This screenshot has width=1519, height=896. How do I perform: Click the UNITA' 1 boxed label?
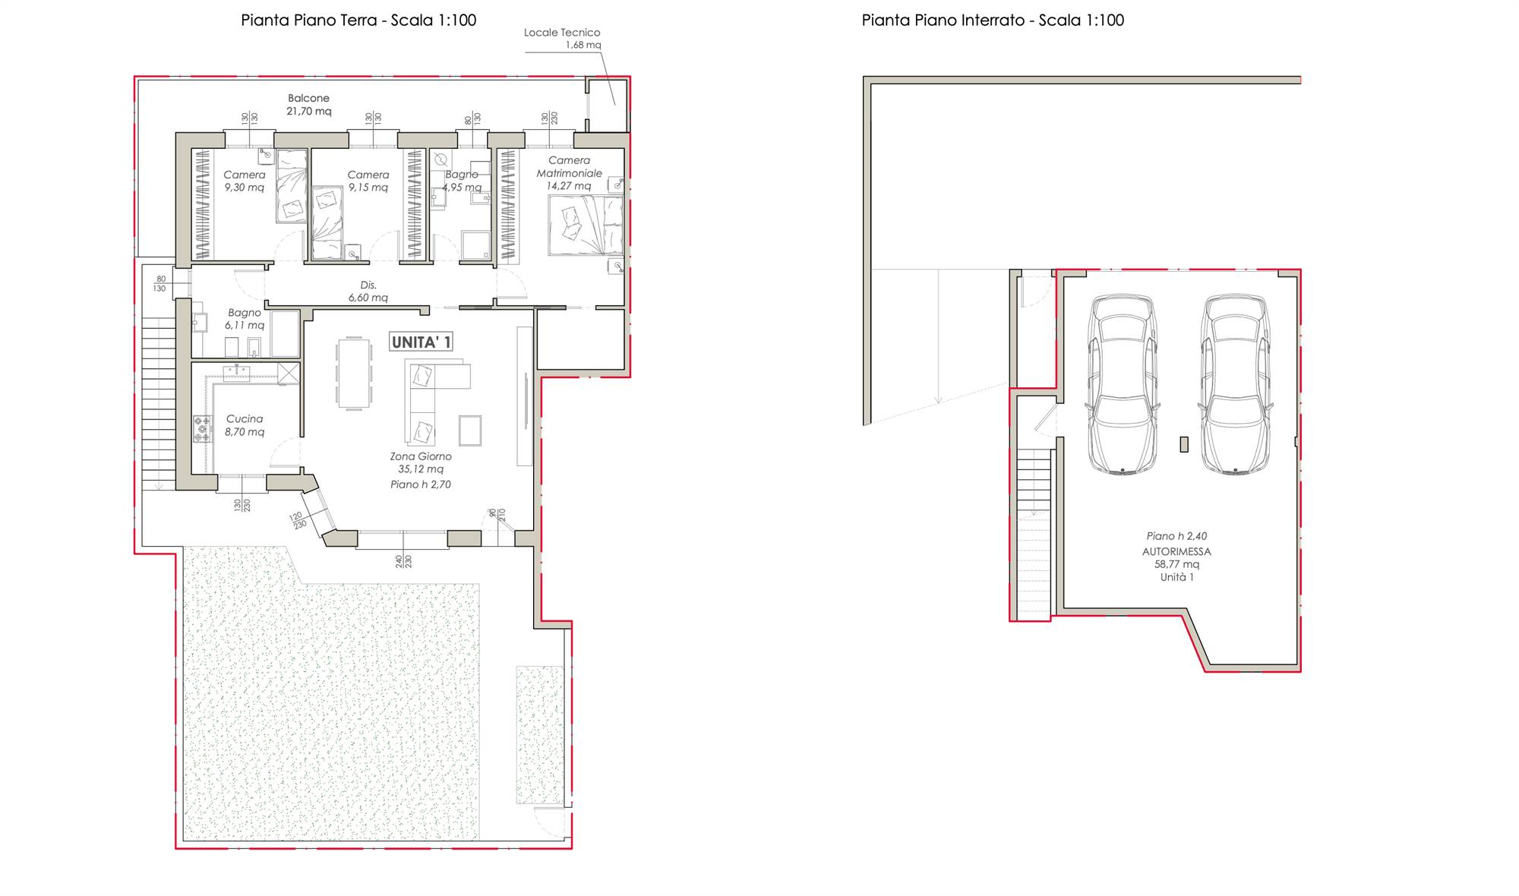tap(421, 342)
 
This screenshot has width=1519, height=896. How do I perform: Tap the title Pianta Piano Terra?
tap(308, 20)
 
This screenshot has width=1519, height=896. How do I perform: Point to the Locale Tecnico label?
tap(562, 33)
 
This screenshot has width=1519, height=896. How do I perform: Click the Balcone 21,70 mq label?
tap(308, 105)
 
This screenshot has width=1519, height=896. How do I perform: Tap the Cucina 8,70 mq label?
tap(245, 425)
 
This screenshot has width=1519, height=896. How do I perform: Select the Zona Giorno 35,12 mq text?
tap(421, 462)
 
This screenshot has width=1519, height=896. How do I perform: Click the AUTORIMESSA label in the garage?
tap(1176, 552)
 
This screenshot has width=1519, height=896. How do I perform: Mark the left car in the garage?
tap(1123, 384)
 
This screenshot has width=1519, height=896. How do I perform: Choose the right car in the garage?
tap(1235, 384)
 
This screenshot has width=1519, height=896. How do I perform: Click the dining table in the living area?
tap(354, 373)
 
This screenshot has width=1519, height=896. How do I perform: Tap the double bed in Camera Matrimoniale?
tap(586, 225)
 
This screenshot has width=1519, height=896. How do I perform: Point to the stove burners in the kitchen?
tap(202, 429)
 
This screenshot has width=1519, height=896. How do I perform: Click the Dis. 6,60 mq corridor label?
tap(368, 292)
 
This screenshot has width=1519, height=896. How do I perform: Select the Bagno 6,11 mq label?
tap(245, 319)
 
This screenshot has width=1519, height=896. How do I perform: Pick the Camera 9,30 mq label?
tap(245, 181)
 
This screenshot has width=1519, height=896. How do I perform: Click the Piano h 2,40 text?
tap(1176, 536)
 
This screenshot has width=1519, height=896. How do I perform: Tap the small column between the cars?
tap(1184, 444)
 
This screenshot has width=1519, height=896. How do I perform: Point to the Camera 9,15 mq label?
tap(368, 181)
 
